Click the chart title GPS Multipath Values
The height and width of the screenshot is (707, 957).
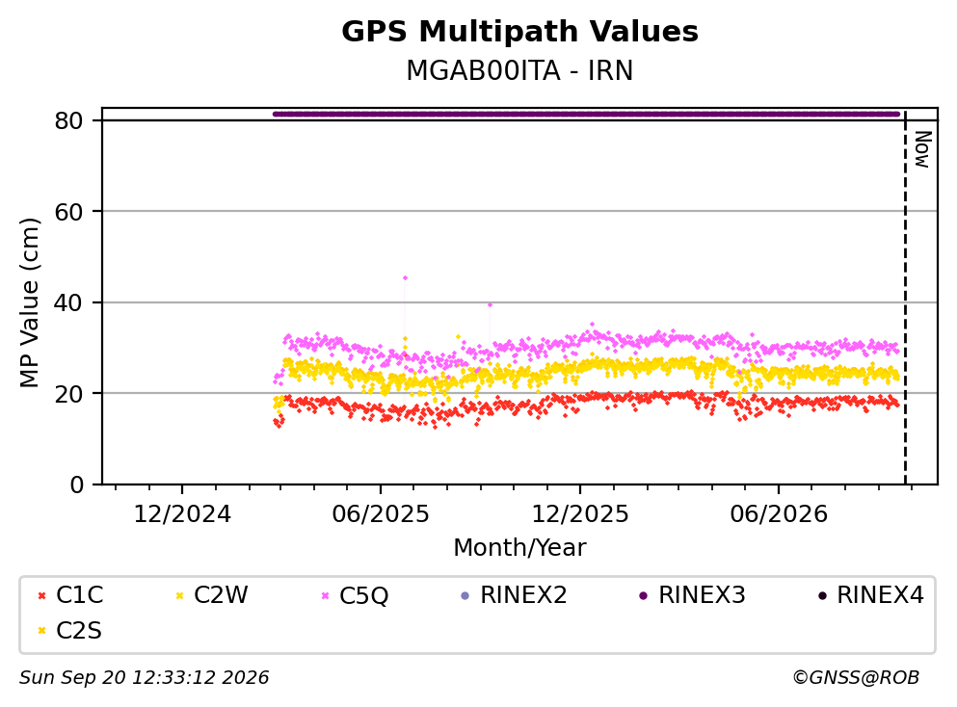pyautogui.click(x=519, y=32)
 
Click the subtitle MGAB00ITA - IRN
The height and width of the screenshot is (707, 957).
pyautogui.click(x=519, y=70)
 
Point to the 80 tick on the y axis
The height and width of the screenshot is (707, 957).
pyautogui.click(x=68, y=120)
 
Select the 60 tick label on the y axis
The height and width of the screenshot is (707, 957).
pyautogui.click(x=68, y=212)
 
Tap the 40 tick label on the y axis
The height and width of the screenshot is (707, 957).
pyautogui.click(x=68, y=302)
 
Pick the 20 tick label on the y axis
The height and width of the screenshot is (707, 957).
pyautogui.click(x=68, y=393)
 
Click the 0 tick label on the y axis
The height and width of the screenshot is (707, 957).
pyautogui.click(x=76, y=484)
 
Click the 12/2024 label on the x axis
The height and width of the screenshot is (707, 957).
pyautogui.click(x=182, y=514)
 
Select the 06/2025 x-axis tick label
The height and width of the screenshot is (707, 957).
pyautogui.click(x=381, y=514)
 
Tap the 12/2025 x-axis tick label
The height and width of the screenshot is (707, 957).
pyautogui.click(x=580, y=514)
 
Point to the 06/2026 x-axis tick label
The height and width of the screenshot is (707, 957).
pyautogui.click(x=779, y=514)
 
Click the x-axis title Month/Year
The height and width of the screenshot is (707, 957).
pyautogui.click(x=519, y=548)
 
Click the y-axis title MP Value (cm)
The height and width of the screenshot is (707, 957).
pyautogui.click(x=29, y=302)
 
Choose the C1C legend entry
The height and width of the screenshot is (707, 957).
pyautogui.click(x=70, y=594)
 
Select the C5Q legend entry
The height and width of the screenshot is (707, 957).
pyautogui.click(x=356, y=594)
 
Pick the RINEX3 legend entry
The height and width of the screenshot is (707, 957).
pyautogui.click(x=692, y=594)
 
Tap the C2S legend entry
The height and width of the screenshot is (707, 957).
pyautogui.click(x=69, y=630)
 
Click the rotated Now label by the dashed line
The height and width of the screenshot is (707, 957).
pyautogui.click(x=922, y=149)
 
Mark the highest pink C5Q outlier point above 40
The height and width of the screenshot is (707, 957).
pyautogui.click(x=405, y=277)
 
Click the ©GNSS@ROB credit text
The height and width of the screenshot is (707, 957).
pyautogui.click(x=856, y=677)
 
